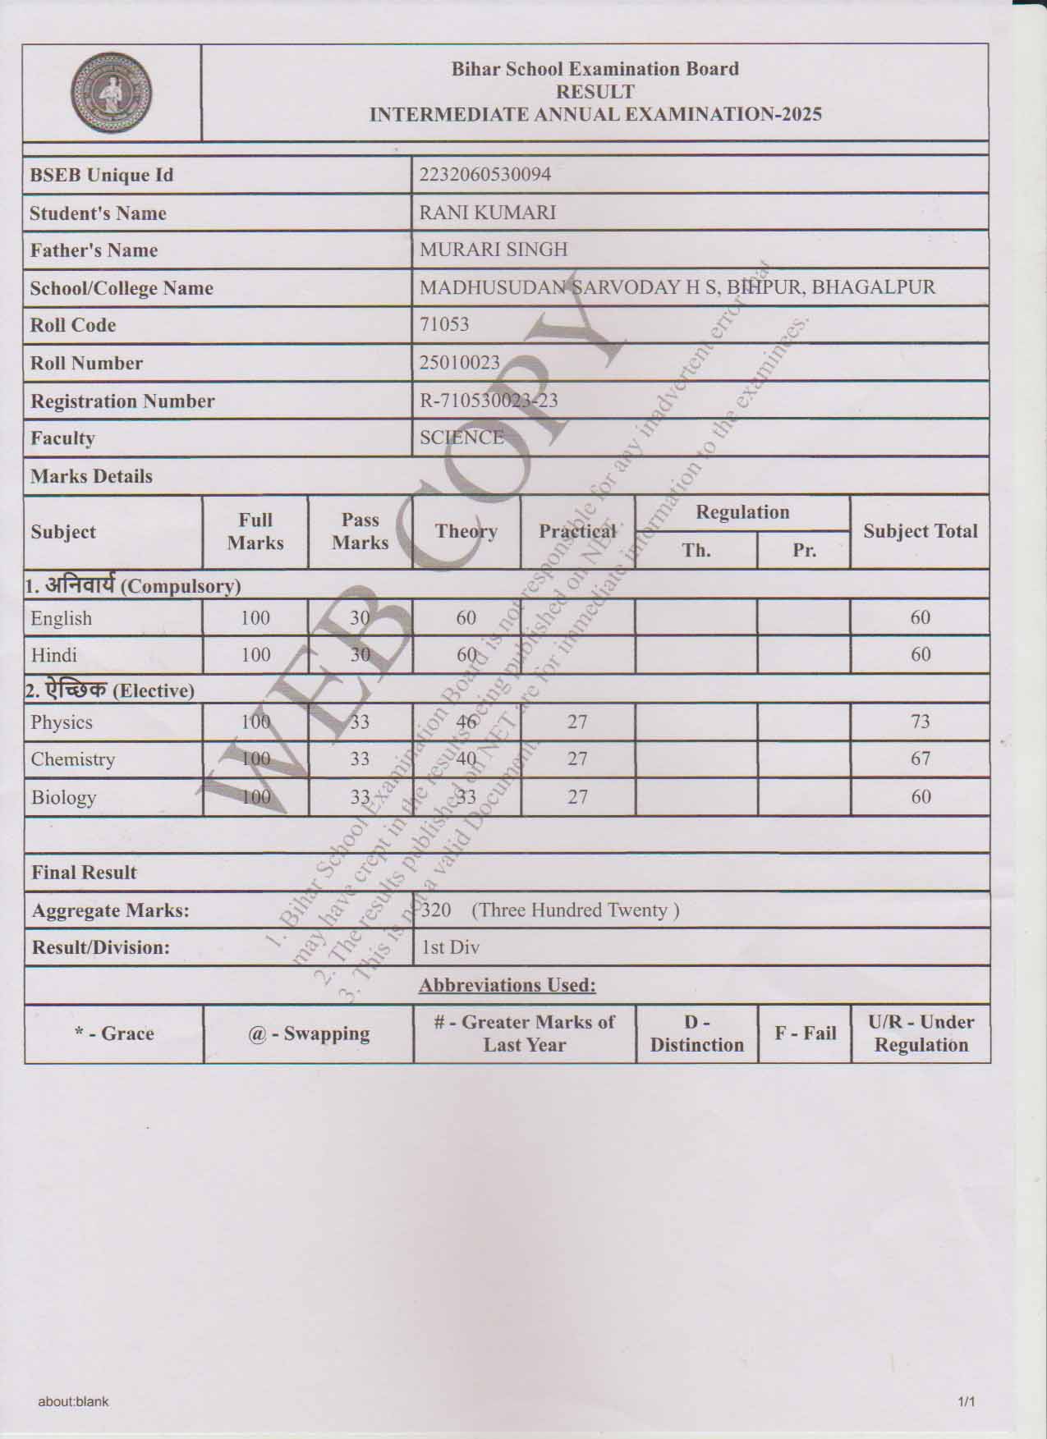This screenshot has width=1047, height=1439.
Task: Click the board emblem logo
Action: tap(112, 93)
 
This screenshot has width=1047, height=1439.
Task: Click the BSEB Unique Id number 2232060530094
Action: tap(484, 175)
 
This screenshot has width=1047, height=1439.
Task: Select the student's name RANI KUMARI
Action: tap(488, 213)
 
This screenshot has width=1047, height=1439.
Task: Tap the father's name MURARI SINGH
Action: tap(494, 250)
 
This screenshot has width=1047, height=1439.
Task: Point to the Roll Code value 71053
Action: tap(444, 324)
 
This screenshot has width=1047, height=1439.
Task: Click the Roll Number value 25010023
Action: tap(459, 362)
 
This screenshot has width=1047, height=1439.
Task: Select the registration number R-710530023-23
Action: tap(489, 401)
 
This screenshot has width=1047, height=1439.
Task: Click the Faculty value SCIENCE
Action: tap(462, 438)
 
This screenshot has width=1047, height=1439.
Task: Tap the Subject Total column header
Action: tap(920, 531)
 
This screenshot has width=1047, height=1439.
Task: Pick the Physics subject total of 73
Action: tap(920, 722)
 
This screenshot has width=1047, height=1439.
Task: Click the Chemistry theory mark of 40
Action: tap(466, 758)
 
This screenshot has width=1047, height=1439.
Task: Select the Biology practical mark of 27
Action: tap(577, 796)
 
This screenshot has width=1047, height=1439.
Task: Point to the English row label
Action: tap(62, 618)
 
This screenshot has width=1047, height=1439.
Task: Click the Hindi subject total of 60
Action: tap(920, 654)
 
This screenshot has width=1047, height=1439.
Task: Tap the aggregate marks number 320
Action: tap(436, 910)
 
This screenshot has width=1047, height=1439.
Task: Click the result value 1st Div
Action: tap(450, 947)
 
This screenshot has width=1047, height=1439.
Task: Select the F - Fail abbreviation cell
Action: tap(805, 1033)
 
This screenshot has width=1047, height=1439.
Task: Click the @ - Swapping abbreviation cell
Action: tap(309, 1033)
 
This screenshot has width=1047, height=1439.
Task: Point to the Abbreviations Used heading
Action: tap(507, 985)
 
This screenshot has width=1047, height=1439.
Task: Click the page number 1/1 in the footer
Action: tap(966, 1402)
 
